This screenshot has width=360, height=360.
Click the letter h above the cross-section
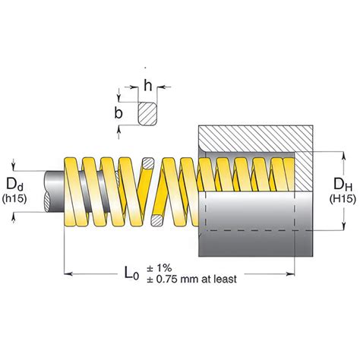pyautogui.click(x=148, y=85)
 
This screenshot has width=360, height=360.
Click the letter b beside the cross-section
pyautogui.click(x=118, y=112)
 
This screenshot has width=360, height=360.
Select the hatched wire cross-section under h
pyautogui.click(x=147, y=113)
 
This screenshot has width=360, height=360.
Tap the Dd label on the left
pyautogui.click(x=14, y=184)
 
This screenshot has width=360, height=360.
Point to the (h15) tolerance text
pyautogui.click(x=14, y=199)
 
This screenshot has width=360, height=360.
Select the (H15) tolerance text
pyautogui.click(x=343, y=199)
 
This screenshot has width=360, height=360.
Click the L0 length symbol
pyautogui.click(x=131, y=273)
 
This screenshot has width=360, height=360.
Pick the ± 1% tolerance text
pyautogui.click(x=159, y=267)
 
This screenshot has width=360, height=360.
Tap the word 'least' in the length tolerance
pyautogui.click(x=226, y=279)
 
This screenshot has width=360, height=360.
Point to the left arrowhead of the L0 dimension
pyautogui.click(x=68, y=273)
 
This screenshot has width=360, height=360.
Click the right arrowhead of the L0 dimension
pyautogui.click(x=290, y=273)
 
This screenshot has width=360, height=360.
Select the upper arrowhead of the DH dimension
pyautogui.click(x=343, y=156)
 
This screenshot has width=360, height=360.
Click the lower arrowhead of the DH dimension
pyautogui.click(x=343, y=226)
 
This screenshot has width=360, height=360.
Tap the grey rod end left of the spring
pyautogui.click(x=54, y=191)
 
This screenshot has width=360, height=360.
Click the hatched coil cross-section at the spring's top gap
pyautogui.click(x=148, y=163)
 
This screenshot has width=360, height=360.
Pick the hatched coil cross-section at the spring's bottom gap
pyautogui.click(x=157, y=220)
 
